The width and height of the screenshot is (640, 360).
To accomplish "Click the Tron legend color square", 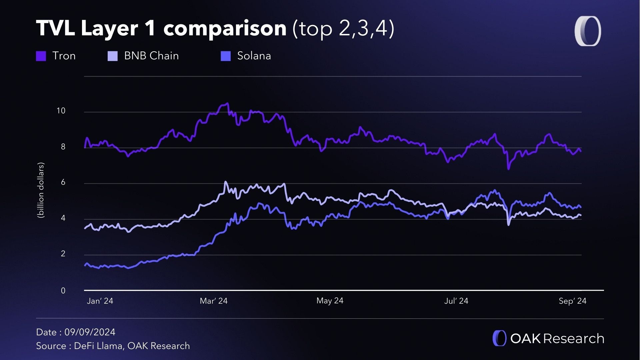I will pos(41,56).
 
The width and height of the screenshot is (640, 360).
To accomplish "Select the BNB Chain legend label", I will pos(151,56).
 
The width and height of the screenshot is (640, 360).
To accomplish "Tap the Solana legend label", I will pos(254,56).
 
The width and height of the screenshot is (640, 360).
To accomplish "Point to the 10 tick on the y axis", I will pos(61,111).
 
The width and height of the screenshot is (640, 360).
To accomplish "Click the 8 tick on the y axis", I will pos(63,147).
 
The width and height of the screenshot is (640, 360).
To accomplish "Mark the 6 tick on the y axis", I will pos(63,182).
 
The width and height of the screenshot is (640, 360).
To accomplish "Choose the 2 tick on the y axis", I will pos(63,254).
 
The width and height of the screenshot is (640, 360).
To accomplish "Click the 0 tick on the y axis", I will pos(63,291).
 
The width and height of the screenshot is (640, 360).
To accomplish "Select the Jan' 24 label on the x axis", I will pos(100,301).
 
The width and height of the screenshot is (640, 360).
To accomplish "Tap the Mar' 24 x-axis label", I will pos(213,301).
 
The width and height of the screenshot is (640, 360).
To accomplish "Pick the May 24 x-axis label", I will pos(330,301).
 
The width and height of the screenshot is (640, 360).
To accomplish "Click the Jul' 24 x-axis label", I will pos(456,301).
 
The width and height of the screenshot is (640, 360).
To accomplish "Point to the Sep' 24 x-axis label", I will pos(572,301).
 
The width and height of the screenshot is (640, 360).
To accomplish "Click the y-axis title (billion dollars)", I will pos(41,190).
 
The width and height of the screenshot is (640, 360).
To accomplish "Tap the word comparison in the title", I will pos(225,28).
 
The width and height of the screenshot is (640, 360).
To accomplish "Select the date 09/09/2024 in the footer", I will pos(90,332).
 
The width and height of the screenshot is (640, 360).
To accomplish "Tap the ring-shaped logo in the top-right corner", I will pos(588,31).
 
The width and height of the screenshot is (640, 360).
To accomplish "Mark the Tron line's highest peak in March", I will pos(227,103).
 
